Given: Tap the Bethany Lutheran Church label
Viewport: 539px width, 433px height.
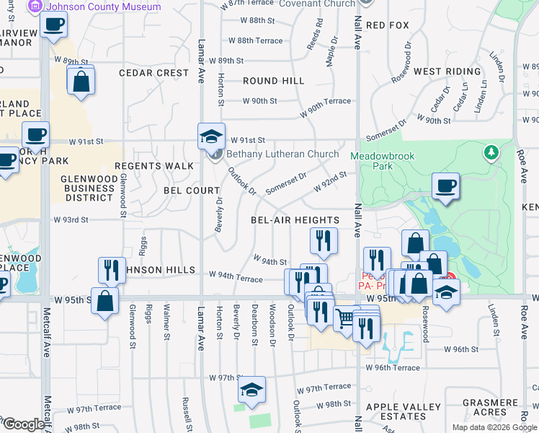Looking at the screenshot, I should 282,154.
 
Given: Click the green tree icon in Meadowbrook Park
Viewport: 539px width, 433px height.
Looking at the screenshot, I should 491,152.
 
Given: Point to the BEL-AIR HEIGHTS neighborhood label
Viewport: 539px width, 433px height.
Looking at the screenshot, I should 295,220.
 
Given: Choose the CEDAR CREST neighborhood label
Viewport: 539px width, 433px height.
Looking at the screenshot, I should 154,73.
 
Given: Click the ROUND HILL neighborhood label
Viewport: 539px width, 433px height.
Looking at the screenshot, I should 274,81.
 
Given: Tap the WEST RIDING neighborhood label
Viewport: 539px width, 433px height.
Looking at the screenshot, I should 447,71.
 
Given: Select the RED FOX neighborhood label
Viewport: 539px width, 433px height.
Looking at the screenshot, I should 388,25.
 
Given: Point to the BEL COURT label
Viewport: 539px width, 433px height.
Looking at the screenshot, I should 192,191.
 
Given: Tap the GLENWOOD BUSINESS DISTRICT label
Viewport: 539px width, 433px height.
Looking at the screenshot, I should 87,188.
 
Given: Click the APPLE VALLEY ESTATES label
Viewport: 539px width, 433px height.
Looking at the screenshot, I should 406,411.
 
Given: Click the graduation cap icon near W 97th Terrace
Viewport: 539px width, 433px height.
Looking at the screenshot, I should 251,390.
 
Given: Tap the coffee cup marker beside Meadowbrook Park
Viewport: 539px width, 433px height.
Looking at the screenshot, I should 445,186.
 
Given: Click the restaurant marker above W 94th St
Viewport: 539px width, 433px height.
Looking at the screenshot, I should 324,241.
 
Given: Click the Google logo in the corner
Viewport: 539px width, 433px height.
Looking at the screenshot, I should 24,424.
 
